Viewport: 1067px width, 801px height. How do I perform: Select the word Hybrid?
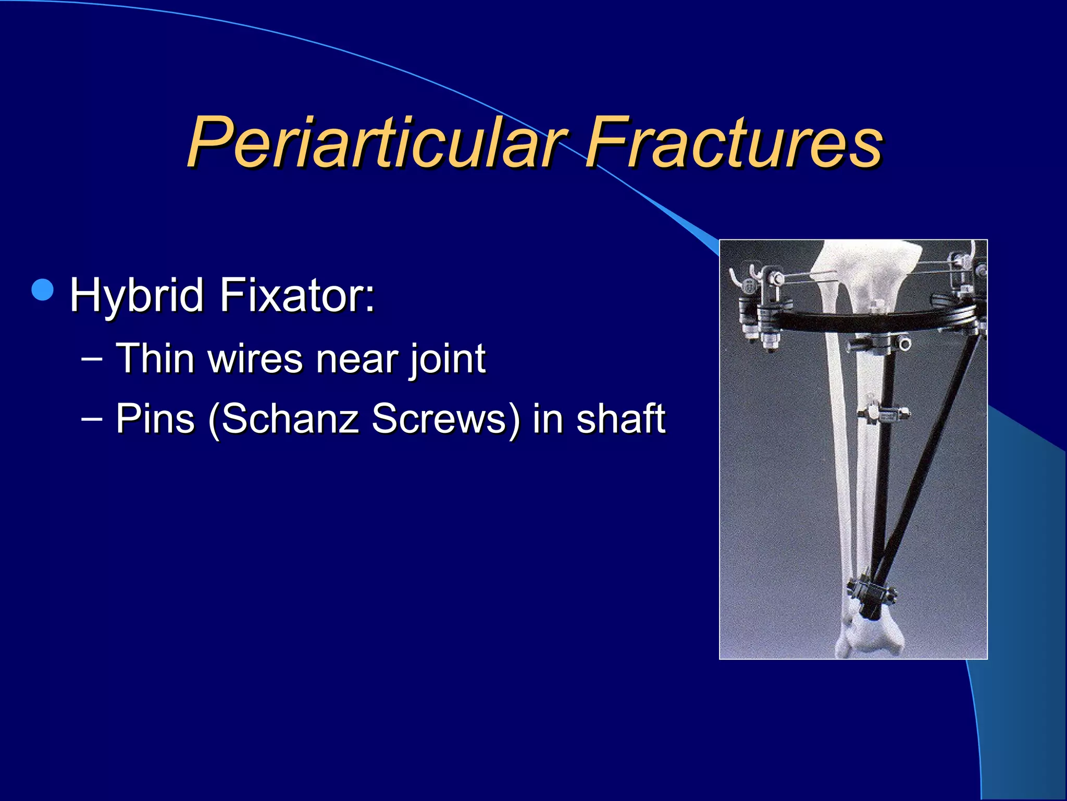point(137,295)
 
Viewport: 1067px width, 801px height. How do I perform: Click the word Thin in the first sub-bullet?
point(155,359)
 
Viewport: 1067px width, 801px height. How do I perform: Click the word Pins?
point(155,418)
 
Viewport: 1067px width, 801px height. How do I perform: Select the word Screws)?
point(446,418)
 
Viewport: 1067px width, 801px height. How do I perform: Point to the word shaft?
point(621,418)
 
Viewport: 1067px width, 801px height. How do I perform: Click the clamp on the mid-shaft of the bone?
point(884,415)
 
